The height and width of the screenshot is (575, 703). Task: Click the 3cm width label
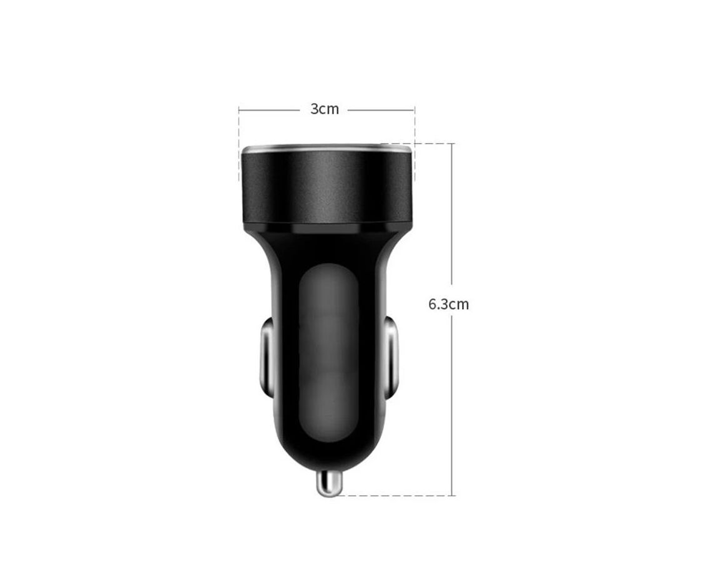(x=325, y=109)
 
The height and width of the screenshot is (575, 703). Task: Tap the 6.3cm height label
(x=448, y=304)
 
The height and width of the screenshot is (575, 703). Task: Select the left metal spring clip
(x=267, y=356)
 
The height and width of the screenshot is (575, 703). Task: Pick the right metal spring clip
(x=391, y=356)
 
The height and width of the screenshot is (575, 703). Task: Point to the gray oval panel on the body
(x=329, y=353)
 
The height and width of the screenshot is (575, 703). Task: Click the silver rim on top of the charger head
(x=326, y=149)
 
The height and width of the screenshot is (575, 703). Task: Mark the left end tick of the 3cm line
(x=239, y=109)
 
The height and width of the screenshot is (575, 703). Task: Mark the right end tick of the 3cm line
(x=415, y=109)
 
